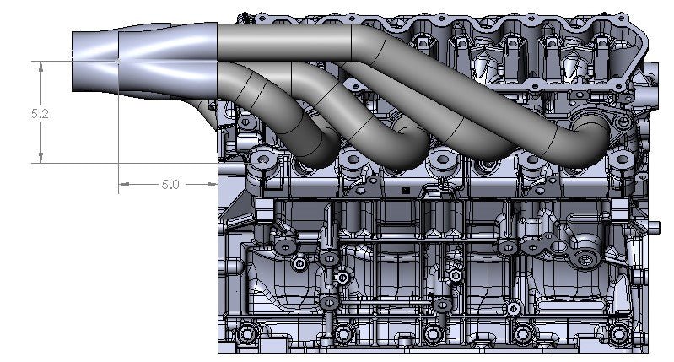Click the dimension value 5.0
click(x=170, y=183)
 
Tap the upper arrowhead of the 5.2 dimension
click(x=40, y=65)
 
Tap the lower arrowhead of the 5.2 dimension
click(x=40, y=158)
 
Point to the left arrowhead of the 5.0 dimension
click(x=123, y=183)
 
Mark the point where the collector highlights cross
click(x=117, y=61)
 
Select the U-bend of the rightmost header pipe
click(x=590, y=135)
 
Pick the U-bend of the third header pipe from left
click(x=498, y=143)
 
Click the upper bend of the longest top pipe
click(x=363, y=38)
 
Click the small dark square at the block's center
click(x=405, y=192)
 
